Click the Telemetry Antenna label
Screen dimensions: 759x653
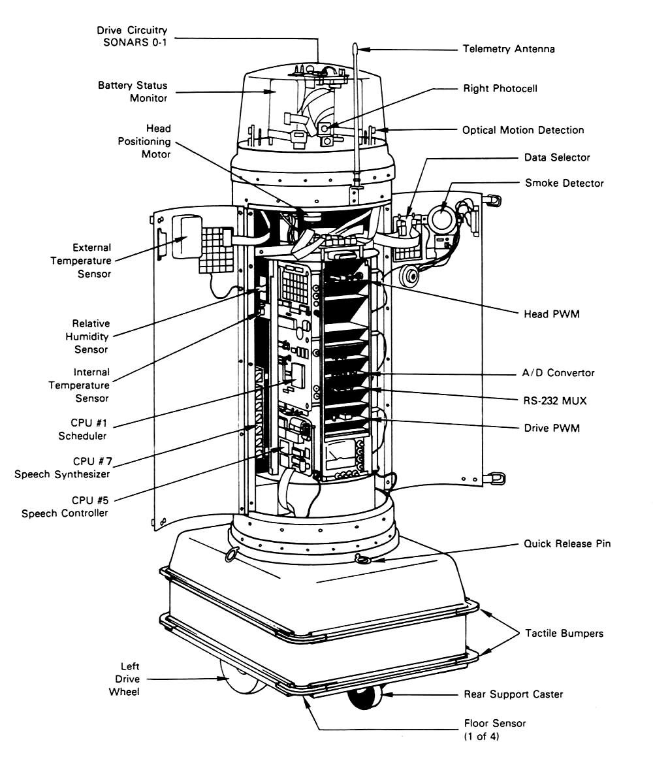click(x=509, y=49)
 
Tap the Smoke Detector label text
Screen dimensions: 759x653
click(x=564, y=184)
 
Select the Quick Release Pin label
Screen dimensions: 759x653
click(x=567, y=543)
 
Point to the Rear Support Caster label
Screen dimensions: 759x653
click(x=513, y=694)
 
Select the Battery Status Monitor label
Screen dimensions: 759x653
click(x=133, y=91)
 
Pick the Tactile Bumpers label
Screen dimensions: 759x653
click(x=564, y=633)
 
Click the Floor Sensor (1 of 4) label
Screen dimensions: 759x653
click(x=494, y=730)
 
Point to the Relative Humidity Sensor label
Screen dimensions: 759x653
click(x=91, y=336)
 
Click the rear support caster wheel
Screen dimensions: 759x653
click(x=365, y=699)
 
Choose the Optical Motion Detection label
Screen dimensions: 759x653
click(x=523, y=130)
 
